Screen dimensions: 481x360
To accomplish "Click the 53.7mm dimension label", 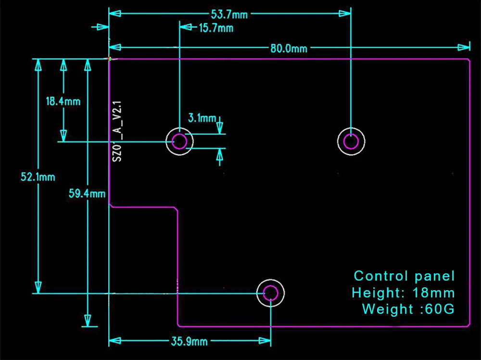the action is pos(229,14).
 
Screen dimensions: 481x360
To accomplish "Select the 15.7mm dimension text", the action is pos(216,28).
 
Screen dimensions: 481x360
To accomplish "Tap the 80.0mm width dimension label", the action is pos(289,49).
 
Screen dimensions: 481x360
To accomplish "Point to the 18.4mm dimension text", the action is pos(63,101).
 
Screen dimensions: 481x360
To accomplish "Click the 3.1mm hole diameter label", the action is pos(202,118).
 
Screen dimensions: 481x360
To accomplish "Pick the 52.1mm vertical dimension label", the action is pos(38,177).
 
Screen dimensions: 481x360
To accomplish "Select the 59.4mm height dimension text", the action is pos(87,193).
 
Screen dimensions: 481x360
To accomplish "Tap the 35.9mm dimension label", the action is pos(189,342).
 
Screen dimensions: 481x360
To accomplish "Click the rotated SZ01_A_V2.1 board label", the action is pos(117,131).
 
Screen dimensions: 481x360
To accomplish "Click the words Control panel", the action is pos(404,276).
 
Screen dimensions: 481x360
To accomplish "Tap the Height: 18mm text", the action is pos(403,293).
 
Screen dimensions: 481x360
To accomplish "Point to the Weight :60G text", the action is pos(408,309).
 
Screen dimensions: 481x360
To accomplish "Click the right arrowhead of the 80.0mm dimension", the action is pos(464,47).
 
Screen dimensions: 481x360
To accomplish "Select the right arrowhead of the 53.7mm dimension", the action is pos(345,13).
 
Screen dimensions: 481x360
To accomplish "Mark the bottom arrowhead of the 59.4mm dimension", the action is pos(88,321).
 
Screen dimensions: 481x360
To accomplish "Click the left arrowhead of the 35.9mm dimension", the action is pos(115,341).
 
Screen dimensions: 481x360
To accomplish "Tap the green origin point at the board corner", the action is pos(110,59).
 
